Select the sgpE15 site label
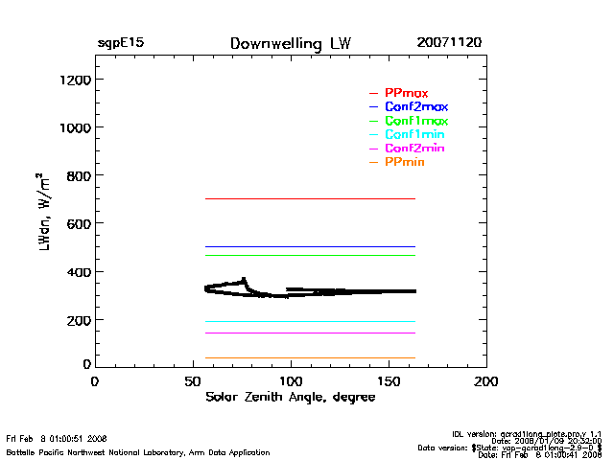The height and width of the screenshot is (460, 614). pos(120,44)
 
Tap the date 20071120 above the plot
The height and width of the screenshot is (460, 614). pos(449,44)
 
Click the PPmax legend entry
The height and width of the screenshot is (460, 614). pos(406,93)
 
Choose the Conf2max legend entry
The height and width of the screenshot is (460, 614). pos(416,106)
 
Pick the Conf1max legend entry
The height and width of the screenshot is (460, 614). pos(416,121)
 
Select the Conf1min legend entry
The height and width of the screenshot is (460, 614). pos(414,135)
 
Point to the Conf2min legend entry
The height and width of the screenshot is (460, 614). pos(414,149)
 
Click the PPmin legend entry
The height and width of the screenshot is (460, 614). pos(405,163)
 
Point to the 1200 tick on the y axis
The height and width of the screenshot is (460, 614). pos(72,80)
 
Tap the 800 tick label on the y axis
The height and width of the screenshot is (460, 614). pos(76,175)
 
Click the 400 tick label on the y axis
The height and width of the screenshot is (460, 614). pos(76,272)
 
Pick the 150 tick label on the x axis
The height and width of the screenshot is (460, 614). pos(389,381)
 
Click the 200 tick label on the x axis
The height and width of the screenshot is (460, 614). pos(486,381)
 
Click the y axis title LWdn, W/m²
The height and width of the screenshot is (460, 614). pos(42,213)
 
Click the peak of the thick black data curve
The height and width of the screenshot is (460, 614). pos(245,279)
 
